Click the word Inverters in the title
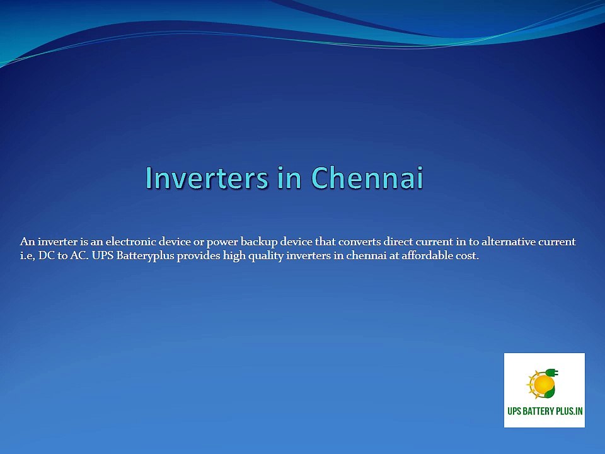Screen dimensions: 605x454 click(207, 178)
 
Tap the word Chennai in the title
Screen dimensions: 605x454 click(367, 178)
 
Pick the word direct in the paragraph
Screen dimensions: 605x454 click(398, 242)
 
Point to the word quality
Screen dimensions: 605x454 click(266, 256)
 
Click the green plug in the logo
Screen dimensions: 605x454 click(552, 373)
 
